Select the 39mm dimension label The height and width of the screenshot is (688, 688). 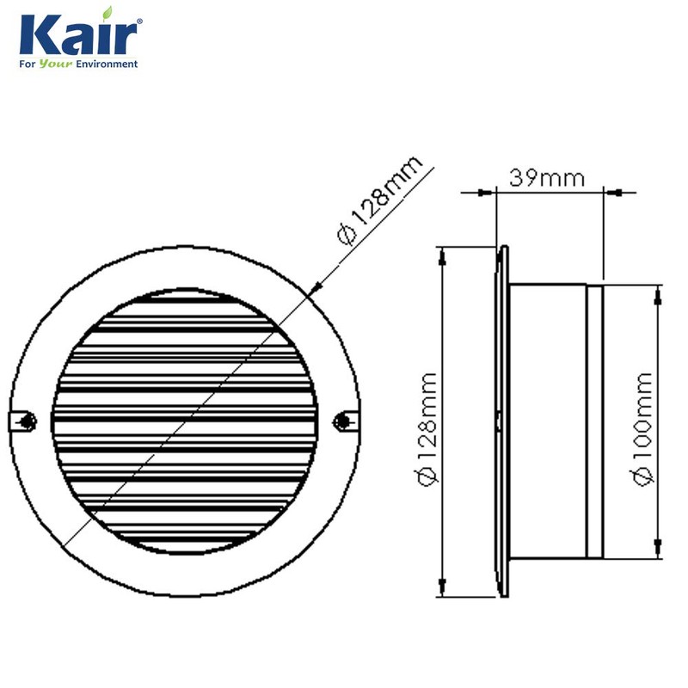[x=547, y=178]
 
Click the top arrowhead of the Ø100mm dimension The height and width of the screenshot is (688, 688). [x=659, y=292]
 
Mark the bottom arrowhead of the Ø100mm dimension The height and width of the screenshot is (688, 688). [x=659, y=550]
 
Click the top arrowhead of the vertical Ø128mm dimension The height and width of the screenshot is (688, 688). [x=442, y=254]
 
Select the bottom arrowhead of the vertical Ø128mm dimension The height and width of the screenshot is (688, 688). [x=442, y=590]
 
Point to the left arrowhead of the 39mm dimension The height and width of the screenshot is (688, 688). [x=490, y=192]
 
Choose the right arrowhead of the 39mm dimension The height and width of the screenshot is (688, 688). [x=610, y=192]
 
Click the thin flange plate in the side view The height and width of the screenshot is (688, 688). [x=502, y=421]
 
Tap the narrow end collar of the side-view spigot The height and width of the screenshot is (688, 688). [x=594, y=421]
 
